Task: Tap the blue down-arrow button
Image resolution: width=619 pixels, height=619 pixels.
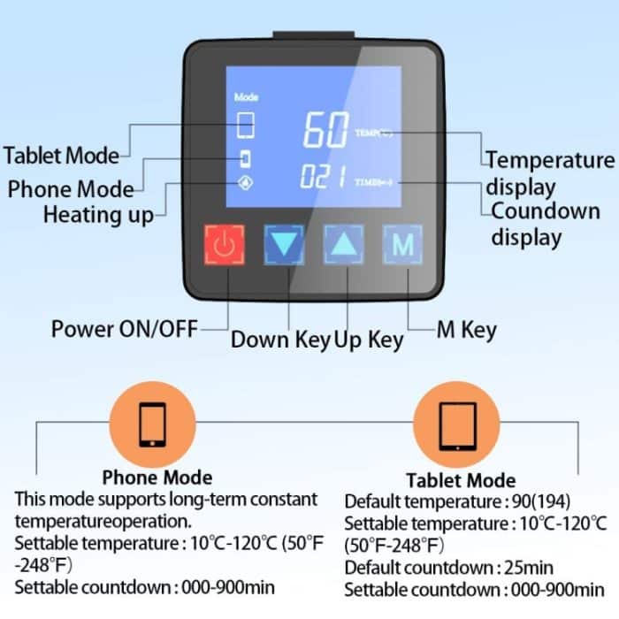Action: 284,245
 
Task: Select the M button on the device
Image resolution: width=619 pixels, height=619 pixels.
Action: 402,245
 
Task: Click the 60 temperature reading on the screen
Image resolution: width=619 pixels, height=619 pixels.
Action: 325,131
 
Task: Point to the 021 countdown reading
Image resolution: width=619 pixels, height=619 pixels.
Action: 323,179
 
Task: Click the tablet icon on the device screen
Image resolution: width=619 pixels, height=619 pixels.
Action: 247,126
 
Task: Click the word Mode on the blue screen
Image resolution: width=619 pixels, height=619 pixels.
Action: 246,96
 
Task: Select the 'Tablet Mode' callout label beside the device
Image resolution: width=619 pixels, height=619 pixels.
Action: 61,156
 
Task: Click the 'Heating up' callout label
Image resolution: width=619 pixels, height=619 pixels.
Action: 98,214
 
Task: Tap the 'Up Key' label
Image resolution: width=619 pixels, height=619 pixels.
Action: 369,339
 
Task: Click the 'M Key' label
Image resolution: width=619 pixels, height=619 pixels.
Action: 466,330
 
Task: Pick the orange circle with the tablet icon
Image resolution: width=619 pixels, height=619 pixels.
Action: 457,424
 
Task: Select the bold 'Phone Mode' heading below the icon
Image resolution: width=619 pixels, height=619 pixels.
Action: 157,478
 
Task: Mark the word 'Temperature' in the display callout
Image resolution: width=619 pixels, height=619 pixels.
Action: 550,160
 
